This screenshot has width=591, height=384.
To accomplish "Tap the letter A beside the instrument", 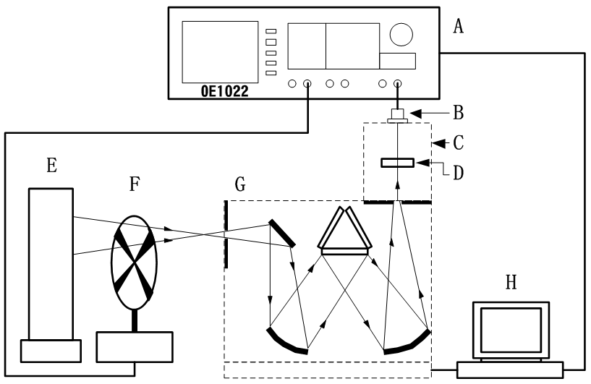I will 458,27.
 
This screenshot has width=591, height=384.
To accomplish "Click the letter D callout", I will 459,174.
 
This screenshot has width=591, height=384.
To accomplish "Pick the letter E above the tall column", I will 51,166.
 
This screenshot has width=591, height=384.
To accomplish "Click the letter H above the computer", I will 511,281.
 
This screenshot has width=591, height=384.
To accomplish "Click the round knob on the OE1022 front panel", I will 401,33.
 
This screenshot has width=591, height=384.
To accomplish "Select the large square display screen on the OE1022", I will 220,50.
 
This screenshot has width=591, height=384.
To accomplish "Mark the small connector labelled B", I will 397,115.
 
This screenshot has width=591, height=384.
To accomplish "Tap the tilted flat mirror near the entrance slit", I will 282,233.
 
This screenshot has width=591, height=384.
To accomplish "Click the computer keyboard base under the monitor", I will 510,369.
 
